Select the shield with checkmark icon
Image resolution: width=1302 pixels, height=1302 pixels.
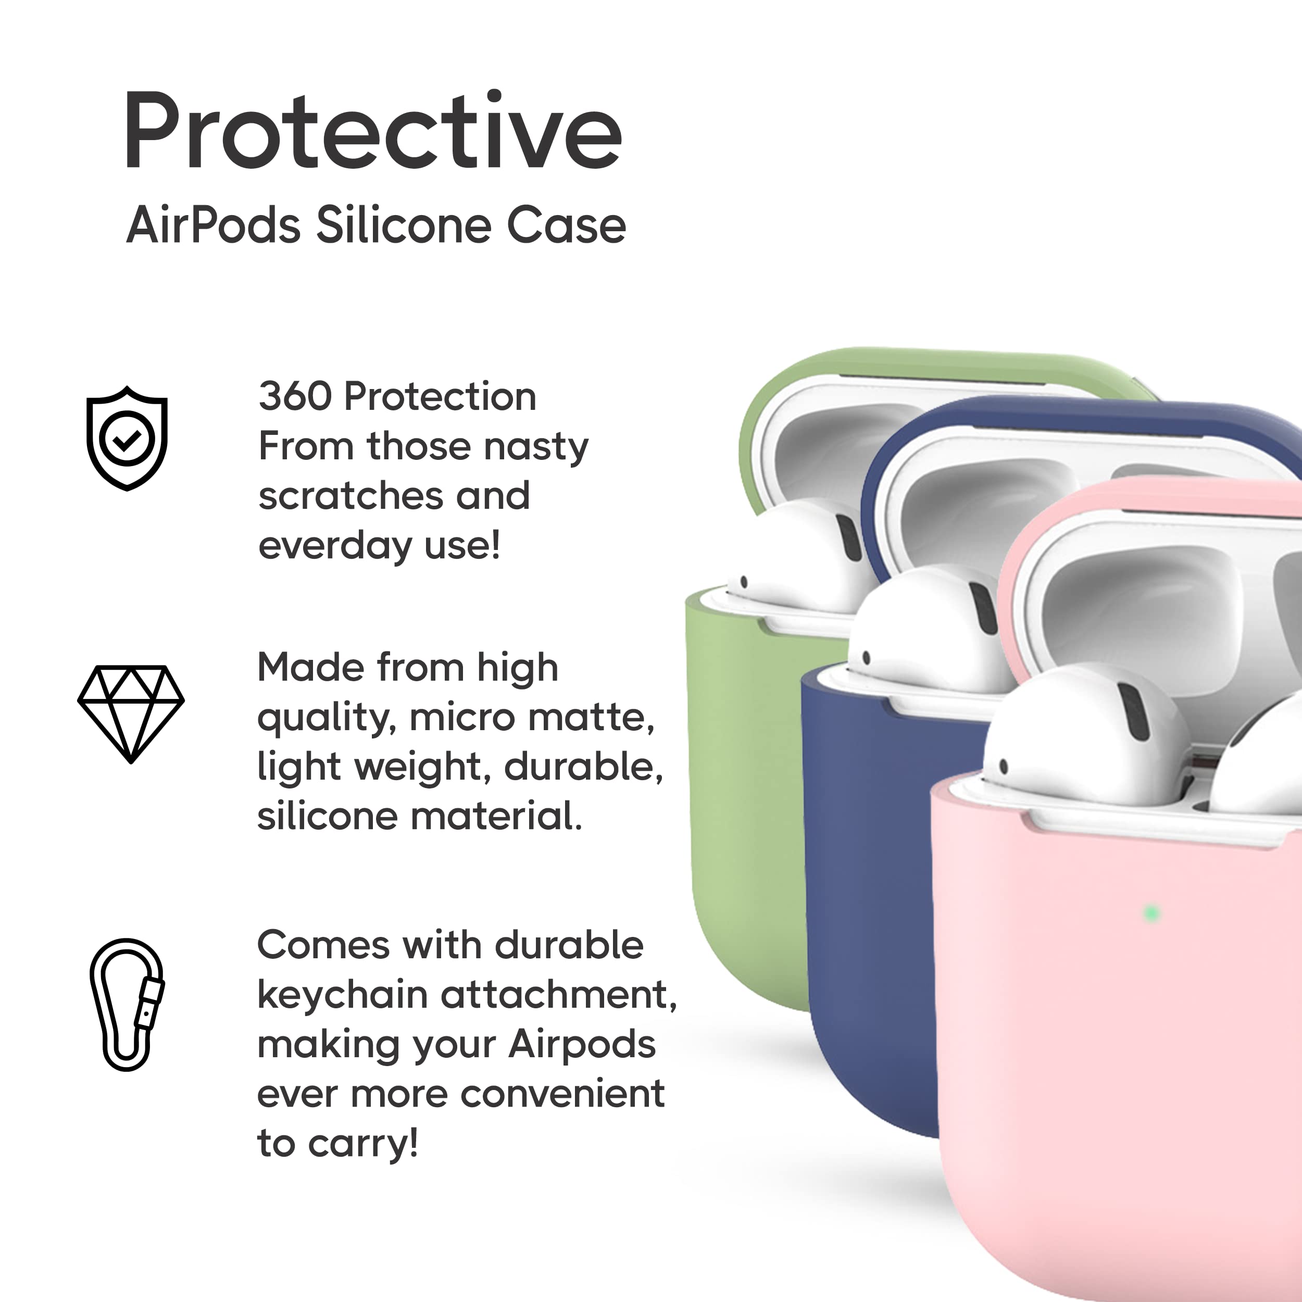127,438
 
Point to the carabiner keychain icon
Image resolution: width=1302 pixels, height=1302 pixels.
127,1004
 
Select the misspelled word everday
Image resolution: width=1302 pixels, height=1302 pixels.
335,545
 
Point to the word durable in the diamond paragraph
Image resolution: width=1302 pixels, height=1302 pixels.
583,767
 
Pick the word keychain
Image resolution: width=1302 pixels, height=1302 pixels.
342,995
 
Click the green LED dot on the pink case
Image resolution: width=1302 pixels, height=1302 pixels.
1151,913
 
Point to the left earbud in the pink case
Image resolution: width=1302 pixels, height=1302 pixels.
1085,734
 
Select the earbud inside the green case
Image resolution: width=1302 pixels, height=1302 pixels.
802,559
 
